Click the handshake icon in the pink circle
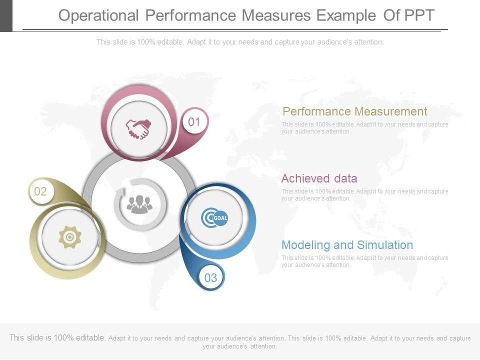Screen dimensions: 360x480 coord(138,129)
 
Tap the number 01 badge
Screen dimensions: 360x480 coord(194,121)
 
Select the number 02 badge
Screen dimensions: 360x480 coord(40,191)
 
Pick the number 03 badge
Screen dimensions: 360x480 coord(210,277)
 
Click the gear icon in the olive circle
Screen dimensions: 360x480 coord(70,237)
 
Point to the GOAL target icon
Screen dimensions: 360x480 coord(214,217)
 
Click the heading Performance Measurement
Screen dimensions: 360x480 coord(354,111)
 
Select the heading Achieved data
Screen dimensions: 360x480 coord(319,178)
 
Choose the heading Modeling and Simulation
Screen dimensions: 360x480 coord(347,244)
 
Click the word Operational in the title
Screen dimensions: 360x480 coord(98,15)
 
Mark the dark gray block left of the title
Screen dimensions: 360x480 coord(6,15)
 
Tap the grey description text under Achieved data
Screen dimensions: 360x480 coord(364,194)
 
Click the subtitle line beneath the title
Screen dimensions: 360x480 coord(240,42)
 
